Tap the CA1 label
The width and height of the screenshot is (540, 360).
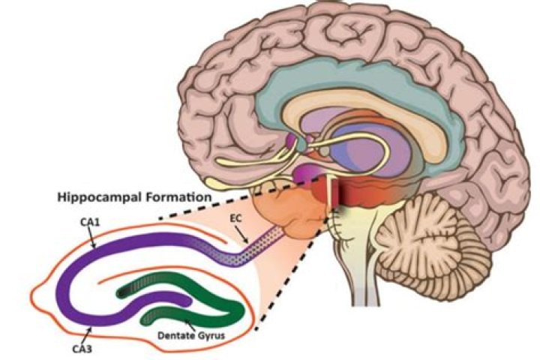coord(80,222)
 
